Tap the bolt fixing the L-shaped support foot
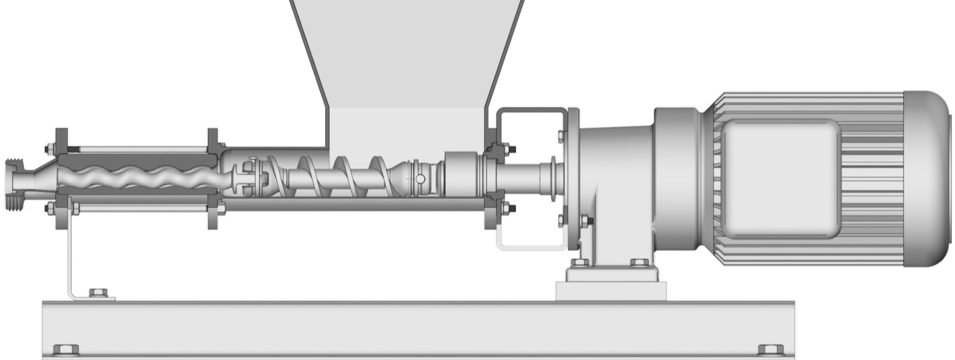[96, 293]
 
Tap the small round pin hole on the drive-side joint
[420, 179]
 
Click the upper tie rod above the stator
[140, 149]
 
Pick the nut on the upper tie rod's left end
[50, 149]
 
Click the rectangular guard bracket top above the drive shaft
[532, 110]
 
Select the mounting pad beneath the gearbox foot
[610, 291]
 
